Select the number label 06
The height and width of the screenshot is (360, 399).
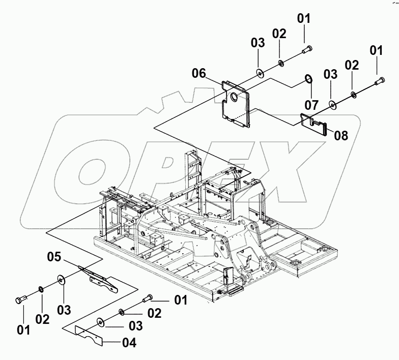[199, 74]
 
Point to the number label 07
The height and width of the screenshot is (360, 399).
[311, 105]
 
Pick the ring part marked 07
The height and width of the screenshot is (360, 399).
[308, 78]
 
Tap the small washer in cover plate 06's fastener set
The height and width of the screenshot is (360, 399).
[280, 63]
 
